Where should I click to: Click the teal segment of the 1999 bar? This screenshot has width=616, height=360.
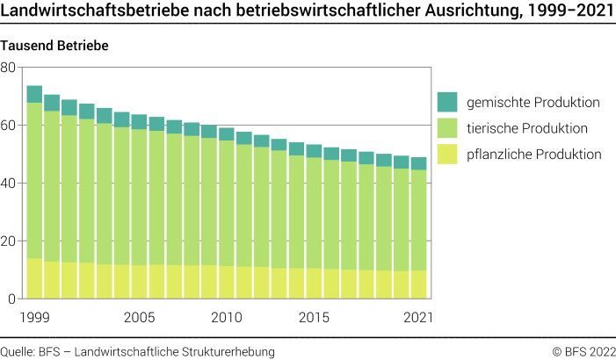[34, 94]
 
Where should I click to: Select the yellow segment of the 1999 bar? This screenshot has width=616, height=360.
[34, 278]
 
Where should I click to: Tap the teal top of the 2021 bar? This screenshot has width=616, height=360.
[419, 163]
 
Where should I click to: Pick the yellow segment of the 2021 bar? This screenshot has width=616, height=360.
[419, 284]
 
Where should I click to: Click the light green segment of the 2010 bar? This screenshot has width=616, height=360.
[227, 202]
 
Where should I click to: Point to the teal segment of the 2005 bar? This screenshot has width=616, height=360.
[139, 121]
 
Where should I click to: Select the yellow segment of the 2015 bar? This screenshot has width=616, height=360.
[314, 283]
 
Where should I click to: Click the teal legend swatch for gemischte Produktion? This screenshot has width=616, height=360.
[448, 102]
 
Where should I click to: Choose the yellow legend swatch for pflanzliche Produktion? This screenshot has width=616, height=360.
[448, 155]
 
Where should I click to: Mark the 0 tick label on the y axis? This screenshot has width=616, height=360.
[12, 299]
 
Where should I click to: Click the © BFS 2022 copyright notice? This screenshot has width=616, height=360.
[583, 351]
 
